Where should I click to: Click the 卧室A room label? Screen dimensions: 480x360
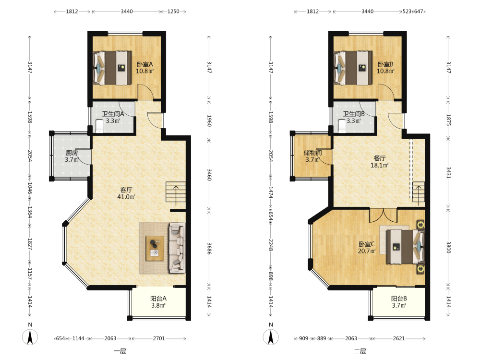coord(144,64)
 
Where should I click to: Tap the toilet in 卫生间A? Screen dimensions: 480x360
coord(99,126)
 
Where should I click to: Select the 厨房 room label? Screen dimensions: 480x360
coord(72,153)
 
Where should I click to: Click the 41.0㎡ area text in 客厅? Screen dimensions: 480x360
coord(126,197)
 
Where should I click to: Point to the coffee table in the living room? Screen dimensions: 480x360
coord(155,248)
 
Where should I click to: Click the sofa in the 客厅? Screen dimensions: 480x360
coord(177,248)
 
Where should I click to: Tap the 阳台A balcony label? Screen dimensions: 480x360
coord(158,299)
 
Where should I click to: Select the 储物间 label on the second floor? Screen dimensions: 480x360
coord(312,153)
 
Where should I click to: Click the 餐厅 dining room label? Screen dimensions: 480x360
coord(380,158)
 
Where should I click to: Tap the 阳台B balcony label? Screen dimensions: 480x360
coord(399,299)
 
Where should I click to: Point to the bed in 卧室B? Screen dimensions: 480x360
coord(353,68)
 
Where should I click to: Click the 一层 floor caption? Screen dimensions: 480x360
coord(120,351)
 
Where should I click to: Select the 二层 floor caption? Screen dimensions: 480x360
coord(360,351)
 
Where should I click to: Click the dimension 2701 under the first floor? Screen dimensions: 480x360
coord(159,338)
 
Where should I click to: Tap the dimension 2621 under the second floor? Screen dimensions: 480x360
coord(399,338)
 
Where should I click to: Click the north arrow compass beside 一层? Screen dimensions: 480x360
coord(30,337)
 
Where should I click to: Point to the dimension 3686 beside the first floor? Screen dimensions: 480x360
coord(209,249)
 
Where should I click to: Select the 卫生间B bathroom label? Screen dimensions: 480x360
coord(354,114)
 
